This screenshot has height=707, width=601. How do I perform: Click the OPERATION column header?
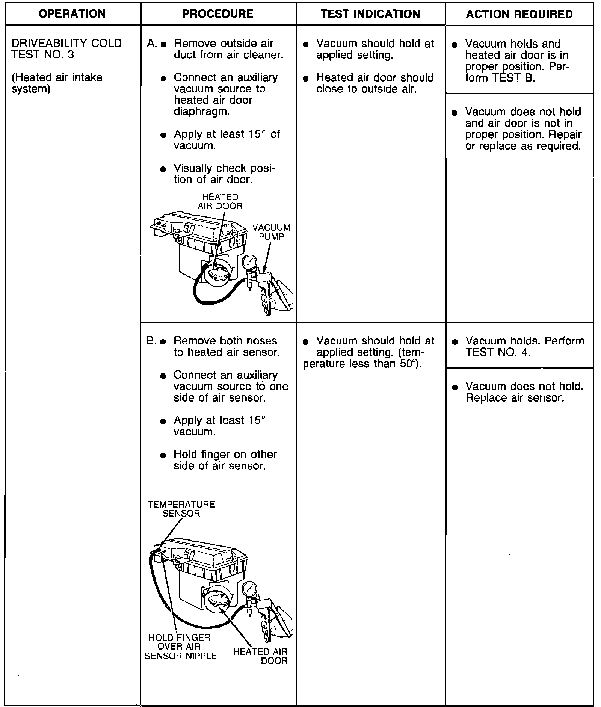coord(72,14)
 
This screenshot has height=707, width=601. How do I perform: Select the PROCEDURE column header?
coord(218,14)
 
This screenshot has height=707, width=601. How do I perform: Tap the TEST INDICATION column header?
coord(370,14)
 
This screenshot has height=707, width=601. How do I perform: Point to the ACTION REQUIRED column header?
coord(519,14)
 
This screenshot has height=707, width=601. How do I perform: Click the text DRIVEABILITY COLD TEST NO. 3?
coord(66,49)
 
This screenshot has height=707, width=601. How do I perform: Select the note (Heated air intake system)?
coord(57,83)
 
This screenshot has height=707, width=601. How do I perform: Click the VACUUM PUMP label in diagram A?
coord(271,232)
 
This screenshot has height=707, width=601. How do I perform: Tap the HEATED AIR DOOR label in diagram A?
coord(220,202)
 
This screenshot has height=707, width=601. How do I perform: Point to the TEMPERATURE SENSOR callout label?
coord(181,509)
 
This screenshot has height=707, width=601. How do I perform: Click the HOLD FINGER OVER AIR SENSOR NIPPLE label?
coord(180,647)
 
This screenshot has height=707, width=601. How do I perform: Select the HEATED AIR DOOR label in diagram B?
coord(261,656)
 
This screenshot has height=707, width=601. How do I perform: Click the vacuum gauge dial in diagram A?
coord(249,262)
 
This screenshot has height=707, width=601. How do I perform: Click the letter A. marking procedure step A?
coord(152,44)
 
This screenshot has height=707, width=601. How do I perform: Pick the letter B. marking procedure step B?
coord(152,341)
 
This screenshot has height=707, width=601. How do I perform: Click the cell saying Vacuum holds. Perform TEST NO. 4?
coord(524,346)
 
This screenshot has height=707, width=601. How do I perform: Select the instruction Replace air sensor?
coord(515,397)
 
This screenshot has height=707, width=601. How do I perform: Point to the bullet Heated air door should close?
coord(374,83)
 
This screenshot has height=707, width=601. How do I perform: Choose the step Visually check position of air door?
coord(224,174)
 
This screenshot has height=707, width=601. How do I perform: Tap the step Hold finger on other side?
coord(225,460)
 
